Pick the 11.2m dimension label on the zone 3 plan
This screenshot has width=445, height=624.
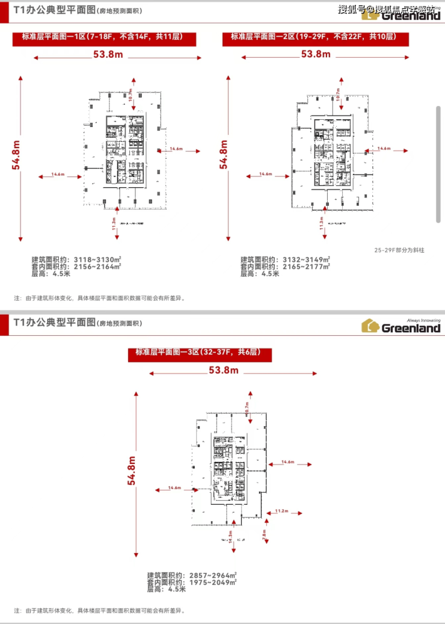(x=281, y=511)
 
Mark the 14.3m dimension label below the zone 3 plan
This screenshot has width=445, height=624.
(x=230, y=536)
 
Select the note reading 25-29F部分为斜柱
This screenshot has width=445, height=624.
(x=399, y=250)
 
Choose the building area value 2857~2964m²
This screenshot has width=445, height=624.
(x=212, y=575)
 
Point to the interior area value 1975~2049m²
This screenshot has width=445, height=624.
(x=212, y=582)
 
